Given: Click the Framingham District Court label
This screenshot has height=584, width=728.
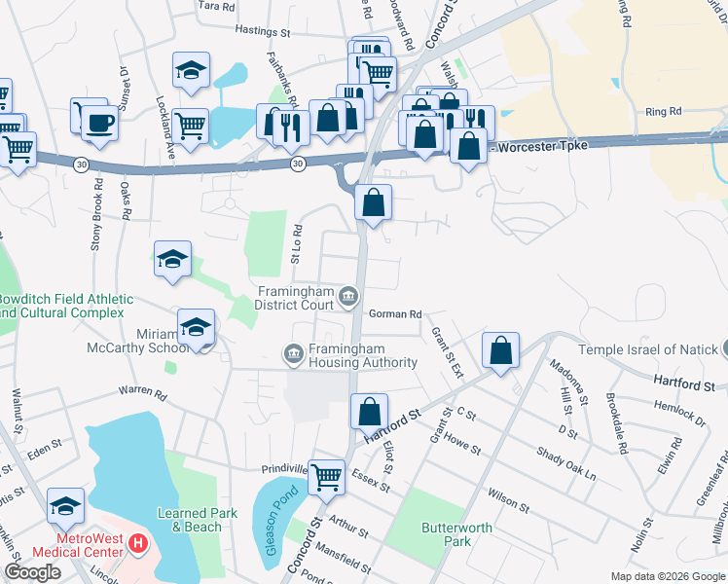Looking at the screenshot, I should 295,297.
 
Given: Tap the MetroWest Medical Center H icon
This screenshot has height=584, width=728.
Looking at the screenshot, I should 138,541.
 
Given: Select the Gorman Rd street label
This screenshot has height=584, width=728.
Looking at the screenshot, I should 395,314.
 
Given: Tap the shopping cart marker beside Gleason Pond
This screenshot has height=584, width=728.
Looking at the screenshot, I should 327,476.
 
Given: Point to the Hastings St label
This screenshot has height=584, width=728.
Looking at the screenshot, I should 265,31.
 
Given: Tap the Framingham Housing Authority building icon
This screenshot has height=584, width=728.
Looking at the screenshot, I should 293,352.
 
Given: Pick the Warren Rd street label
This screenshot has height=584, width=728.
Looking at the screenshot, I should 144,392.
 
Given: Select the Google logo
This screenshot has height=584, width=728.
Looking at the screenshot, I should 32,572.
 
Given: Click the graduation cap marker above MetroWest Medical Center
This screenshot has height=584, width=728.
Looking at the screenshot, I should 66,506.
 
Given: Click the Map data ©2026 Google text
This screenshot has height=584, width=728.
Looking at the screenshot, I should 667,576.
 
